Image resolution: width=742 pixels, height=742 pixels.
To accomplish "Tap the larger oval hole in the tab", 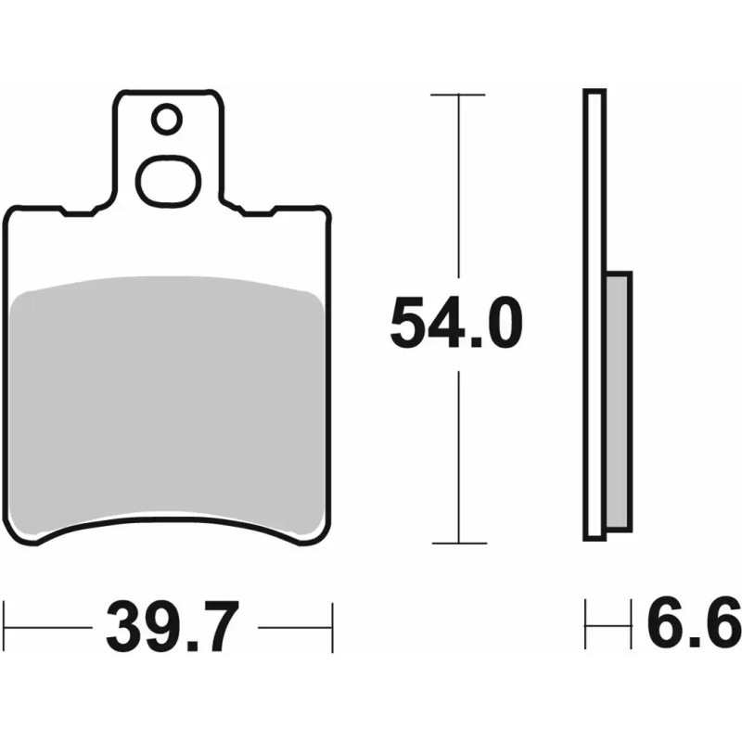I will coord(168,178).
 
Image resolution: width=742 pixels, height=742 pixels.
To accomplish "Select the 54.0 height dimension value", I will coord(456,324).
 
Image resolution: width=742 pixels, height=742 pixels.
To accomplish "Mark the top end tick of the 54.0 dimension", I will coord(457,95).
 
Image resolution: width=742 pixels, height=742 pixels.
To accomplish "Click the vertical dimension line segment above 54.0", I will coord(457,185).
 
